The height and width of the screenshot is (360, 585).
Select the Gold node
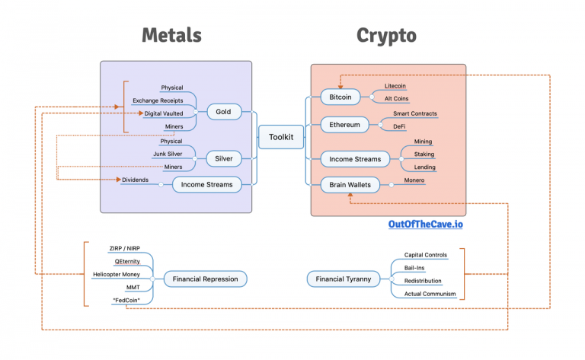pos(223,112)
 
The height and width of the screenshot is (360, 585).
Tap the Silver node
pos(223,158)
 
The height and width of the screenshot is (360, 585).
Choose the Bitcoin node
pos(340,97)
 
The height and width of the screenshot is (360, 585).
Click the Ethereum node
pos(344,124)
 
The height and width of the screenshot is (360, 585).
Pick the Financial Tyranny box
pos(344,279)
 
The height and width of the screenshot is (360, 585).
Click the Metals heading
pos(171,35)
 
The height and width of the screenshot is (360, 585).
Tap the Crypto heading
pos(386,35)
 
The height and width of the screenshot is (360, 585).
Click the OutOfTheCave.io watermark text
pos(426,225)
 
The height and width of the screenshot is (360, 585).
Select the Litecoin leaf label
pos(395,87)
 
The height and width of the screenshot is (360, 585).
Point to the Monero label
pos(414,180)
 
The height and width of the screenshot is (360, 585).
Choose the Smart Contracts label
pos(414,113)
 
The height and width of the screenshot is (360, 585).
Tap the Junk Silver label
pos(168,154)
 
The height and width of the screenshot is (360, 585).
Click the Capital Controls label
pos(425,255)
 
